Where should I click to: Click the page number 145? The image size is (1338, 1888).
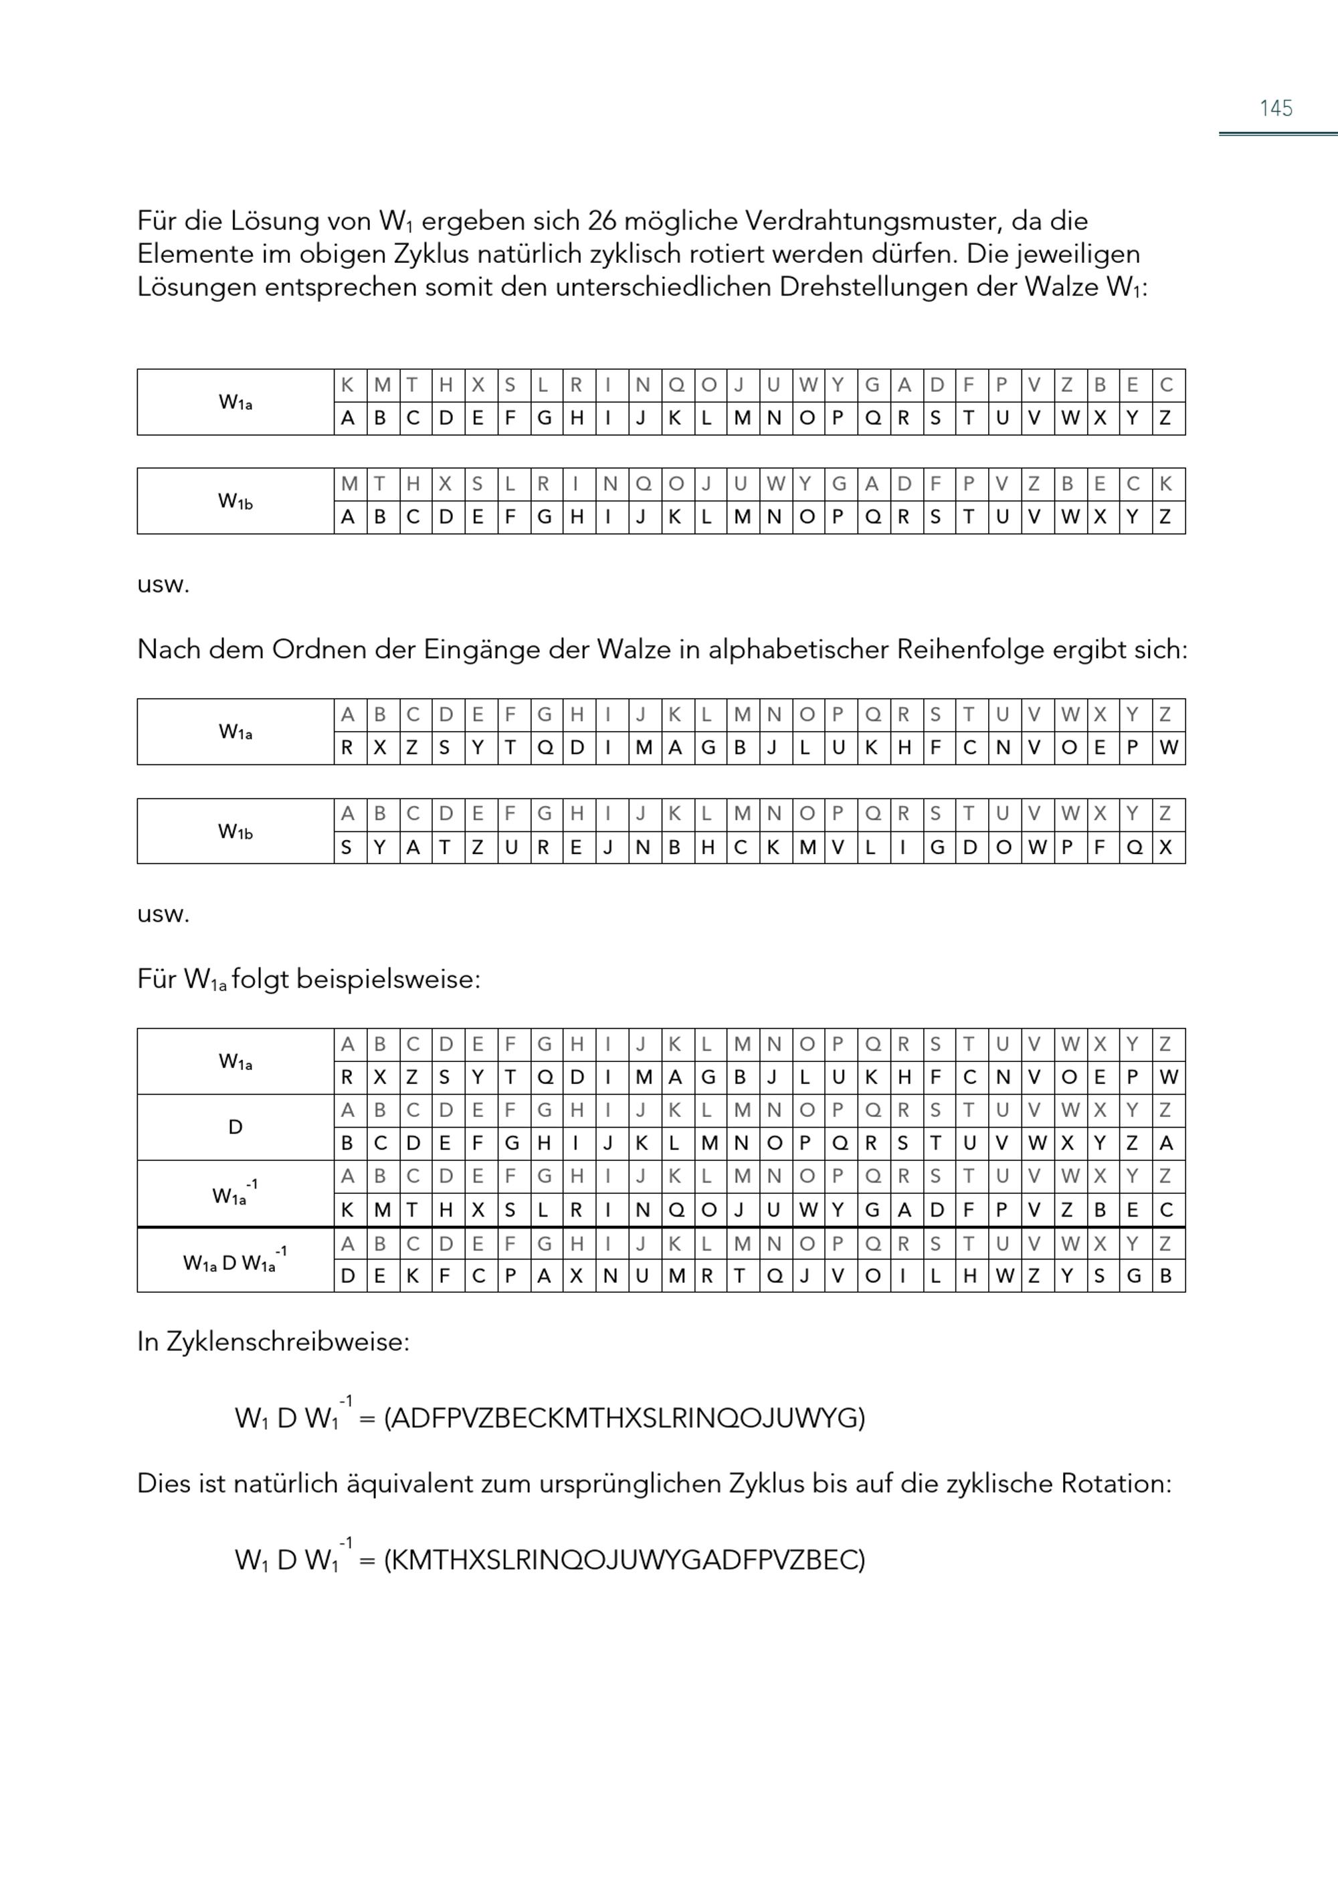click(x=1275, y=108)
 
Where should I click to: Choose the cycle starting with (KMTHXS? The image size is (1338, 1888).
click(x=624, y=1560)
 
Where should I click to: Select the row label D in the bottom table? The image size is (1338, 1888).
click(x=235, y=1128)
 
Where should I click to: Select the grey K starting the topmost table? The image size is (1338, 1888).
click(x=348, y=385)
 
